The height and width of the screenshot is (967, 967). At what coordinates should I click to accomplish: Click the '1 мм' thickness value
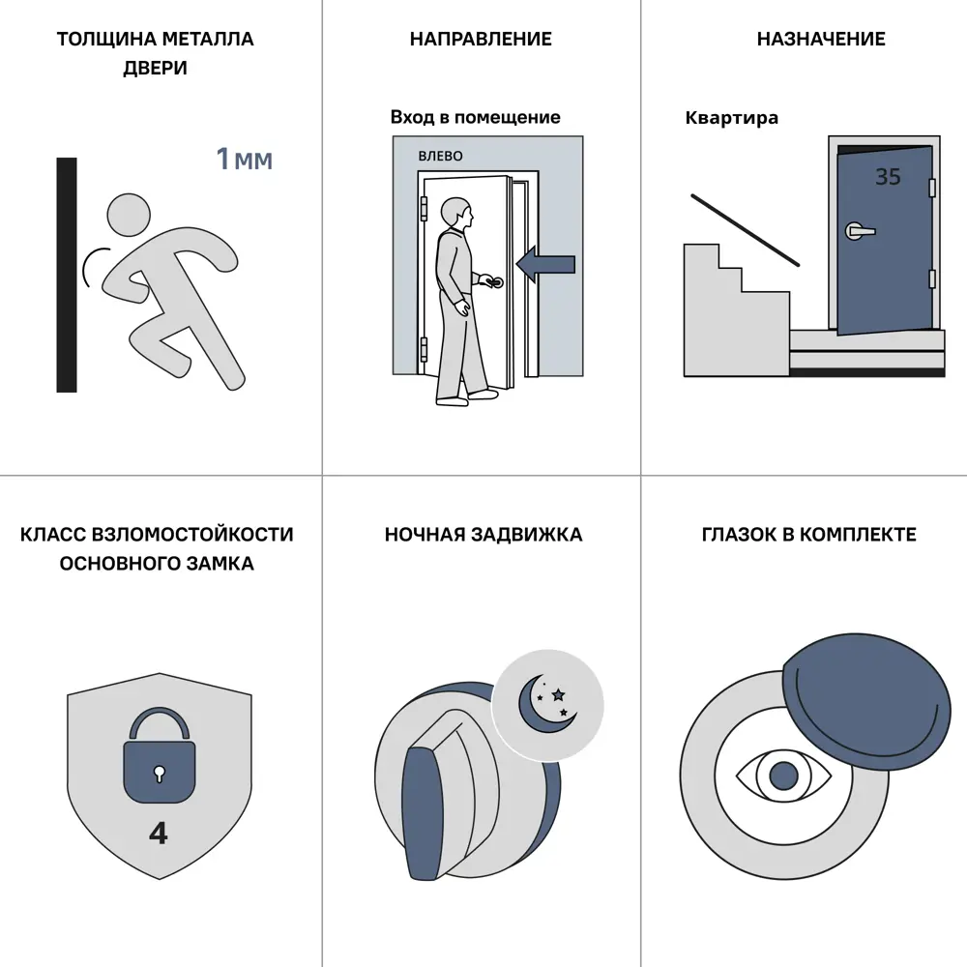(x=245, y=160)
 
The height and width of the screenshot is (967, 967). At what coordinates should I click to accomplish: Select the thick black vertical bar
(x=67, y=275)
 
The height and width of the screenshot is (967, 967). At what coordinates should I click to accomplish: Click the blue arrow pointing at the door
(x=545, y=265)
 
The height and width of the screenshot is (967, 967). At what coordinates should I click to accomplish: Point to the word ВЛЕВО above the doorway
(x=440, y=156)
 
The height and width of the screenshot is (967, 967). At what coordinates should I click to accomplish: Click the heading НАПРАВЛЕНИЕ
(x=481, y=39)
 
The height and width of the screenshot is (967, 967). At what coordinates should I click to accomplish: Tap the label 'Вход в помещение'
(x=476, y=117)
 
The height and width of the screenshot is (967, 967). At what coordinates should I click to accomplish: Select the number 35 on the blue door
(x=888, y=177)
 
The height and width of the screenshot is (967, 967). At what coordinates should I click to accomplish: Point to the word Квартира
(x=732, y=118)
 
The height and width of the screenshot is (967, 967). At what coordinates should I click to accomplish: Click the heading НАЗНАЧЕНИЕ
(x=821, y=39)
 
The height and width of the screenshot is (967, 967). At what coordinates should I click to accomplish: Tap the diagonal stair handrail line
(x=745, y=231)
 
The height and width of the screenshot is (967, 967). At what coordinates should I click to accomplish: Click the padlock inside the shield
(x=160, y=755)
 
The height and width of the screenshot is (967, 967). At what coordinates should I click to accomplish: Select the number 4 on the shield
(x=159, y=834)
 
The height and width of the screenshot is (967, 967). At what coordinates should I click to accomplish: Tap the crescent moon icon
(x=543, y=706)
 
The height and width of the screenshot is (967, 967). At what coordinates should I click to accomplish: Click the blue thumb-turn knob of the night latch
(x=422, y=813)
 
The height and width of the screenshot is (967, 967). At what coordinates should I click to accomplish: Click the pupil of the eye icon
(x=784, y=776)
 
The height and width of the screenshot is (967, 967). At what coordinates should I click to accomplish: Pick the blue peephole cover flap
(x=866, y=701)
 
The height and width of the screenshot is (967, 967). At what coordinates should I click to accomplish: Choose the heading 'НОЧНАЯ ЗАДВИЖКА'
(x=483, y=534)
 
